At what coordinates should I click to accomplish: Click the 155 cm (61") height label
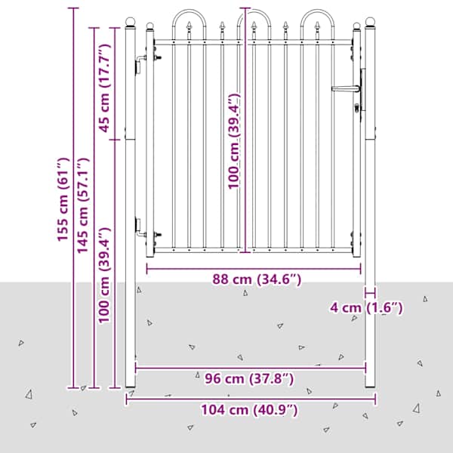coord(63,199)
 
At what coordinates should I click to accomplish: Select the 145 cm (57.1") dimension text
coord(82,205)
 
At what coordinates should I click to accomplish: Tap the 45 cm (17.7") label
coord(104,88)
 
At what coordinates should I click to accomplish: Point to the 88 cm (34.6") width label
coord(257,279)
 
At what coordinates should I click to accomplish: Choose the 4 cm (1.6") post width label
coord(366,307)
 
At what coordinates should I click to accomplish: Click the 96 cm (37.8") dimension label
coord(249,378)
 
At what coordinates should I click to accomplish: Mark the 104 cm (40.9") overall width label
coord(249,410)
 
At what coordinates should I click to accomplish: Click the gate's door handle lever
coord(346,88)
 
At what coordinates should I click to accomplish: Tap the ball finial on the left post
coord(131,21)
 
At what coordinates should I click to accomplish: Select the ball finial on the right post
coord(370,21)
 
